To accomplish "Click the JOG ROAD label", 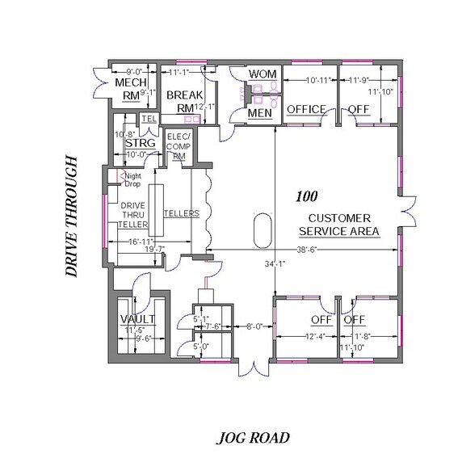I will [x=252, y=439].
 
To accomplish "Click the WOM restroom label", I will [x=263, y=74].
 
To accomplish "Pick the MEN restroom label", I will [x=259, y=114].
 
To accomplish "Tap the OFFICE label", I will [x=306, y=109].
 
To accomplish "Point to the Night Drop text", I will [x=132, y=179].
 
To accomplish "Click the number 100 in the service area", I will [x=306, y=196].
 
